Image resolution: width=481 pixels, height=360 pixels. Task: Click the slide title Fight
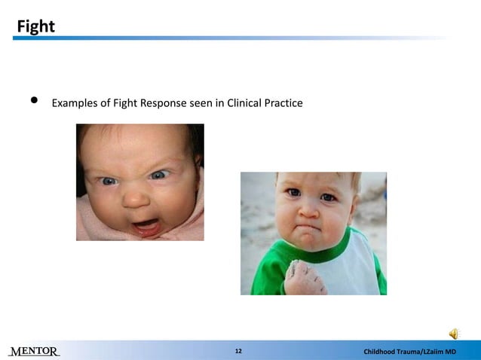tap(36, 26)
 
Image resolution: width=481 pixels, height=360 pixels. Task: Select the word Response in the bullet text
tap(164, 102)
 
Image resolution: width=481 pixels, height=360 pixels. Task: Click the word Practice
tap(284, 102)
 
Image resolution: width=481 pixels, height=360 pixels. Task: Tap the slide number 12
tap(239, 352)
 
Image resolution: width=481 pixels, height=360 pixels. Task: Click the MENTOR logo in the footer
tap(34, 352)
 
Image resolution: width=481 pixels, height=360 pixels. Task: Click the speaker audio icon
tap(455, 334)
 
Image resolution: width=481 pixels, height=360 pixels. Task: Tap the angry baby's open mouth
tap(146, 224)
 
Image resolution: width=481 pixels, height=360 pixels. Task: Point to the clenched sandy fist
tap(306, 276)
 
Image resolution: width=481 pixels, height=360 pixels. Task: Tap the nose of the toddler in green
tap(310, 208)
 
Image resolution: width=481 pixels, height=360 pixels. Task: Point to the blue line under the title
tap(226, 38)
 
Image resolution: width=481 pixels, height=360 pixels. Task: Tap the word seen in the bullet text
tap(200, 102)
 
